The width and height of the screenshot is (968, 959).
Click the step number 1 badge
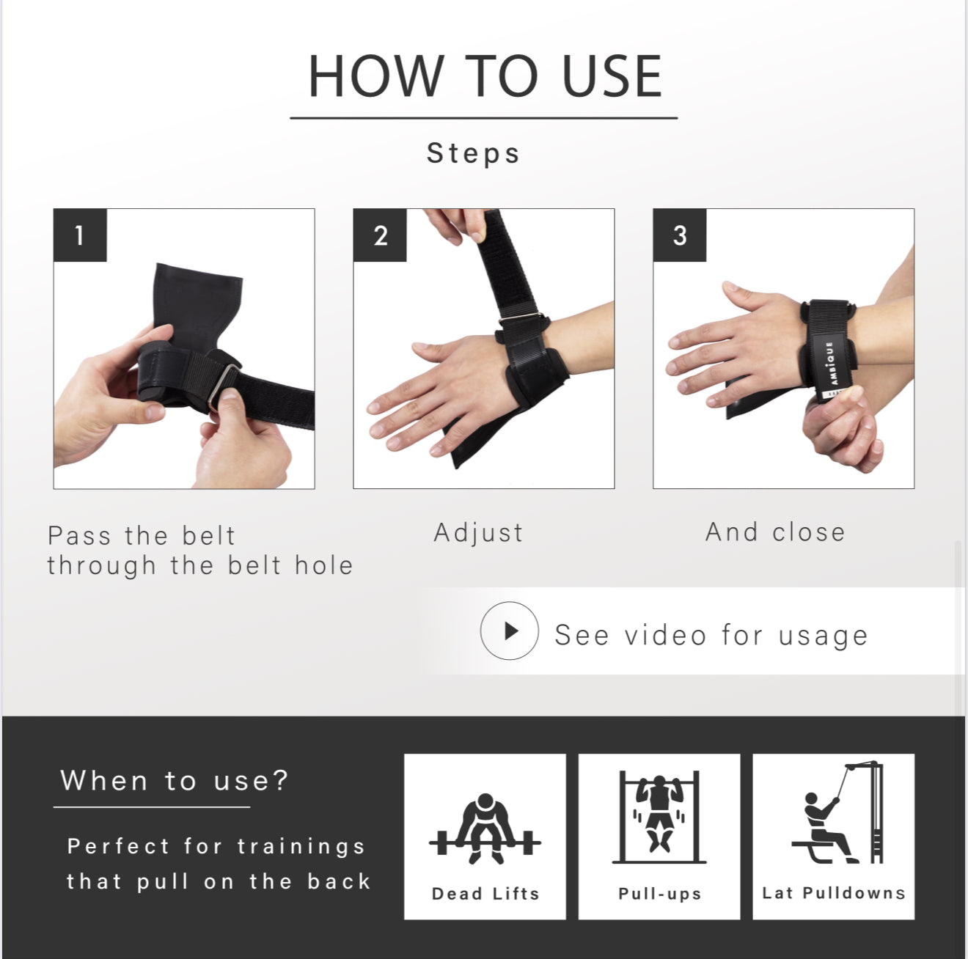click(80, 235)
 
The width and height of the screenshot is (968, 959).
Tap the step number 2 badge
click(380, 235)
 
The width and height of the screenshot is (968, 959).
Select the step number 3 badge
click(680, 235)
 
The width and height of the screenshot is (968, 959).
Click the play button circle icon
click(510, 631)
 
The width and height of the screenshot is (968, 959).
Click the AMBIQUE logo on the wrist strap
click(830, 363)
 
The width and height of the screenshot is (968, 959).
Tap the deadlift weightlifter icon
click(485, 828)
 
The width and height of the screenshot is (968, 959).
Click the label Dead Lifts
click(485, 894)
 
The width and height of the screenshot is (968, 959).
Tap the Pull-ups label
click(659, 894)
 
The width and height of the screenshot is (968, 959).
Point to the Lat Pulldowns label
click(834, 893)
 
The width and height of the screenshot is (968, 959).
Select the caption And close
click(775, 532)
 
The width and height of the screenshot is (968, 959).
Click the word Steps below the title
click(473, 153)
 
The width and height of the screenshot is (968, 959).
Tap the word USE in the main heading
click(612, 76)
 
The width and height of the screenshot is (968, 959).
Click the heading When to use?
click(174, 781)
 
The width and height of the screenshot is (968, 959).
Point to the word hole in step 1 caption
click(324, 566)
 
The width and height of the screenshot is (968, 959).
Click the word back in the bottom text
click(339, 881)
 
